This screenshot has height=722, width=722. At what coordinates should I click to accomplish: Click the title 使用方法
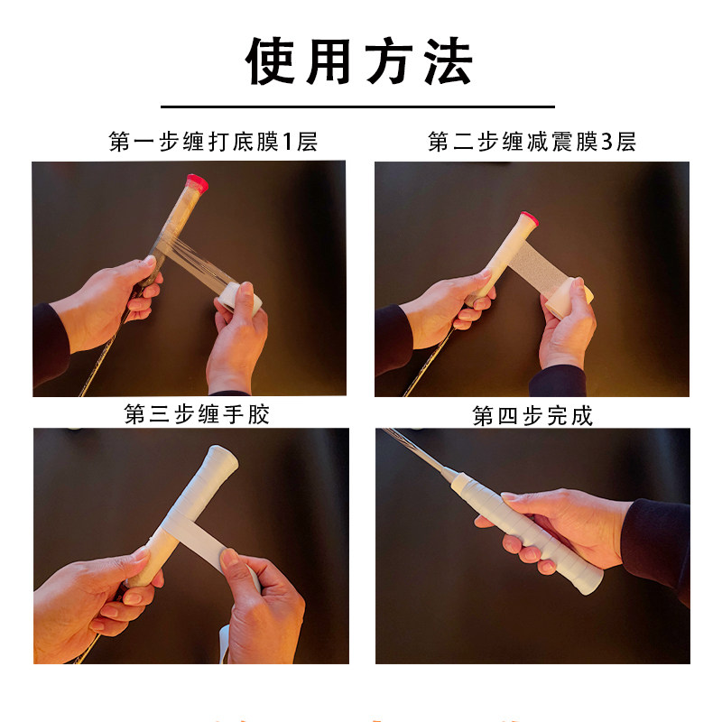click(360, 61)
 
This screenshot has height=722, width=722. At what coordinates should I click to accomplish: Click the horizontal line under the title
click(360, 107)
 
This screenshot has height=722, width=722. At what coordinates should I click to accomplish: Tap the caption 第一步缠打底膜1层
click(213, 142)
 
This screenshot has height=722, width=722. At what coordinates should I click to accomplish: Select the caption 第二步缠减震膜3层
click(532, 142)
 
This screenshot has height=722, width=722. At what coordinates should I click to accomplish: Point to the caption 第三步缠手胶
click(197, 414)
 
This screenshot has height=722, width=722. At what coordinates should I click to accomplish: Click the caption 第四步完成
click(532, 415)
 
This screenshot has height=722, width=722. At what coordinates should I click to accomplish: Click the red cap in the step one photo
click(196, 181)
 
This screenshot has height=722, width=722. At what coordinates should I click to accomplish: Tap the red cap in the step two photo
click(527, 219)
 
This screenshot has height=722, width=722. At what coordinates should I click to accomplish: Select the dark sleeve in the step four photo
click(658, 541)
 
